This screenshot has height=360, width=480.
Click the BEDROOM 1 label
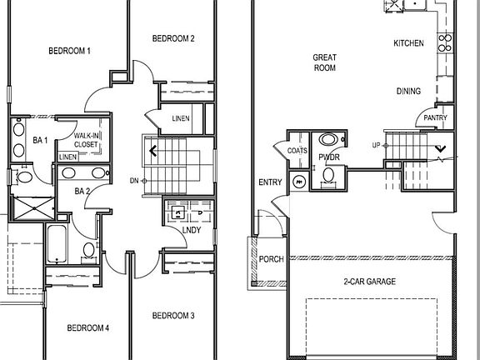[69, 52]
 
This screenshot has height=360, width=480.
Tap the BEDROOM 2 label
[174, 38]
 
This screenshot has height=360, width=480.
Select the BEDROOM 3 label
[174, 316]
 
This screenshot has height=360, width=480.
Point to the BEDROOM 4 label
[87, 327]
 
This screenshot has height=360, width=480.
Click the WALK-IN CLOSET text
[86, 139]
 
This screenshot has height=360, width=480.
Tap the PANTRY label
[435, 118]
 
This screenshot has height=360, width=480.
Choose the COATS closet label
[297, 151]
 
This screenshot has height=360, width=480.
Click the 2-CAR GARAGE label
[369, 282]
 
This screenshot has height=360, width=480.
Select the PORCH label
[272, 259]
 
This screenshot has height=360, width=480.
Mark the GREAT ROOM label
[324, 62]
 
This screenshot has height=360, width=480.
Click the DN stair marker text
[134, 180]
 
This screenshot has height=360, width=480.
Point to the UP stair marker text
[375, 146]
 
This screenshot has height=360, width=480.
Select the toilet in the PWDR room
[330, 173]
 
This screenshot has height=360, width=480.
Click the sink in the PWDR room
[330, 140]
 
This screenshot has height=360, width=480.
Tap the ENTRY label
[270, 182]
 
